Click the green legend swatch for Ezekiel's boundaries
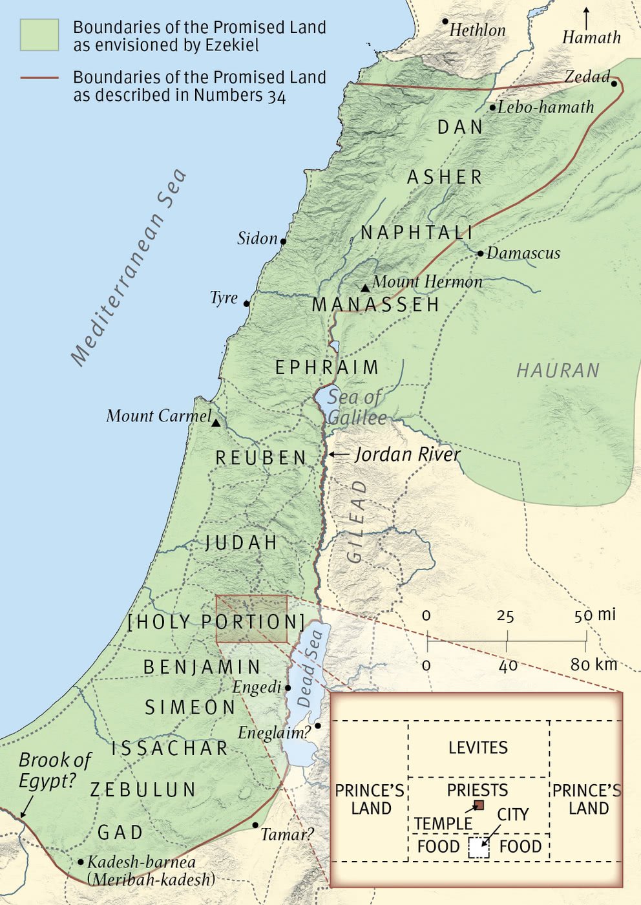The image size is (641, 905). click(39, 35)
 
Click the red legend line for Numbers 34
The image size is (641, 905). click(39, 78)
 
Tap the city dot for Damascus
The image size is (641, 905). click(480, 253)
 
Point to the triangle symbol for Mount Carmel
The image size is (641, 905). click(216, 423)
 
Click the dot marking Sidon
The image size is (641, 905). click(283, 242)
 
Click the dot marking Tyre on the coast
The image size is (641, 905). click(247, 303)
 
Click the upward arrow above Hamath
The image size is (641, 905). click(586, 17)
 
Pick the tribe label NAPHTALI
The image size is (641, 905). click(417, 233)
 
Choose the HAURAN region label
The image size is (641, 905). click(558, 370)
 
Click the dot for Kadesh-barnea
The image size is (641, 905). click(81, 862)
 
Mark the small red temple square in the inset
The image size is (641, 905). click(479, 805)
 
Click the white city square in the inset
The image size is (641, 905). click(479, 847)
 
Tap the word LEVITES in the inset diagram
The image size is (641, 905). click(478, 748)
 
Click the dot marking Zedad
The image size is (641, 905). click(614, 83)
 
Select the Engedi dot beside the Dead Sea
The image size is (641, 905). click(288, 688)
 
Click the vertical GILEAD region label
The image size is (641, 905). click(357, 521)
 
